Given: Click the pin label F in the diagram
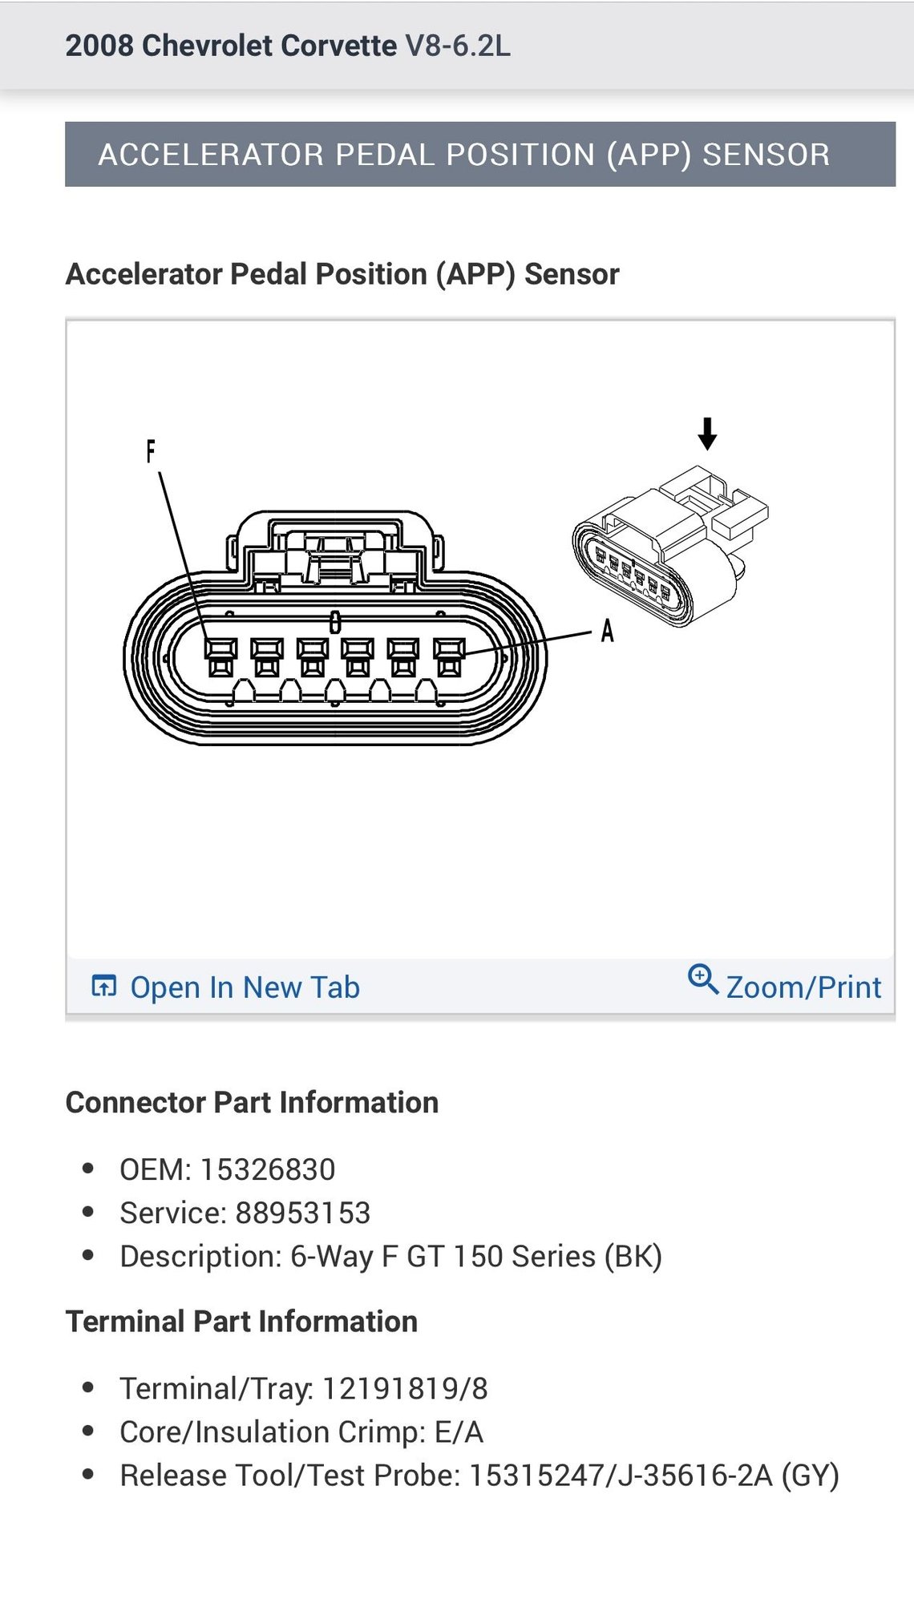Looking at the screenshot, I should point(150,451).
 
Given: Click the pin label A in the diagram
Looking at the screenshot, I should point(608,632).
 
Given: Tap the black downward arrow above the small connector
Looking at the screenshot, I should point(707,434).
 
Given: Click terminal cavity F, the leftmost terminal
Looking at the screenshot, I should point(220,657).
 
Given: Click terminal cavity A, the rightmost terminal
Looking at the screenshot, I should point(449,657).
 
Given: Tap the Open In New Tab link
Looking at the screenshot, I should point(245,987).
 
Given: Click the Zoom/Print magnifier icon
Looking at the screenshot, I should point(702,979).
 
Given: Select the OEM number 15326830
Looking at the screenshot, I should point(267,1169).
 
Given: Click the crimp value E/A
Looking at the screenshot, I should point(459,1431).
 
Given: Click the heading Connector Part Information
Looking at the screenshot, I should point(252,1102).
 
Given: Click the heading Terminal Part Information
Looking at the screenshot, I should point(241,1321).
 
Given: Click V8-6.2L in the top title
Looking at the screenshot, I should point(457,46).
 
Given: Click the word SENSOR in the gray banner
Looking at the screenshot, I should point(766,155).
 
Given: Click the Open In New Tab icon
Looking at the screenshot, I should point(104,986).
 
